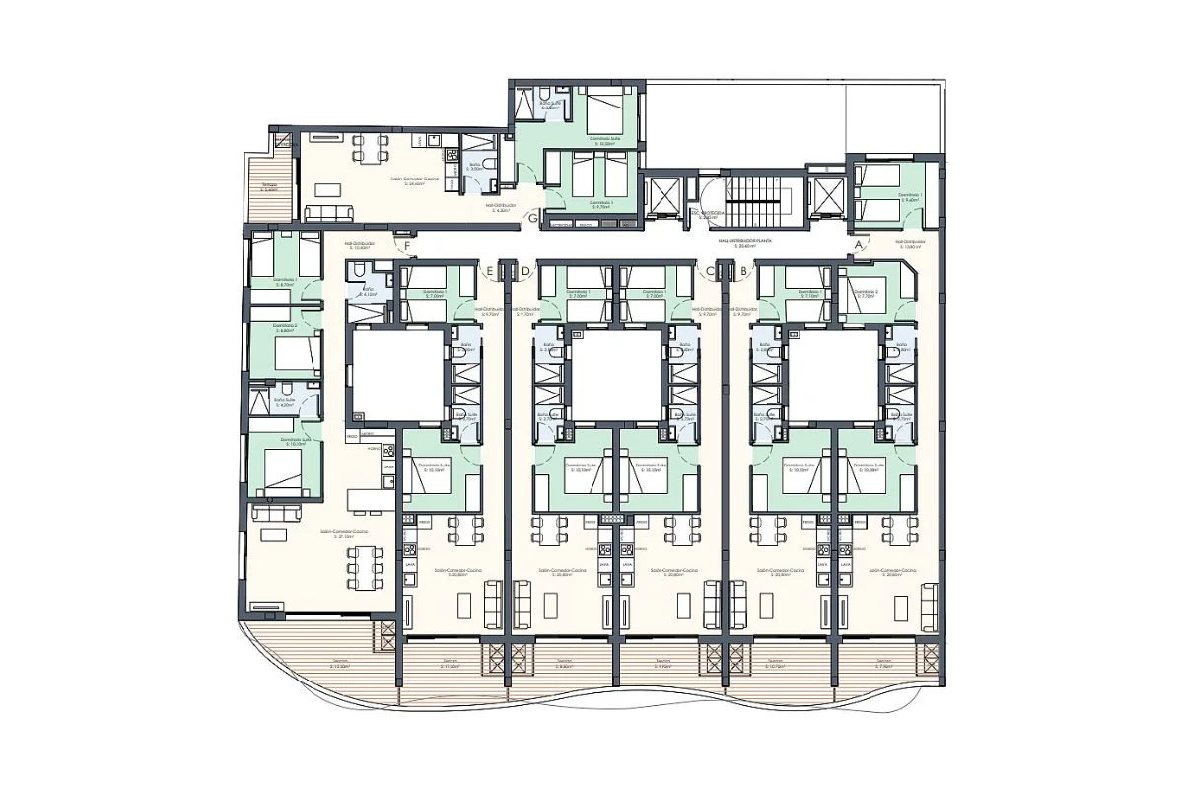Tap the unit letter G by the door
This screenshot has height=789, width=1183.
[533, 219]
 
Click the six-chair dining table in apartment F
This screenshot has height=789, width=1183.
[362, 567]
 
